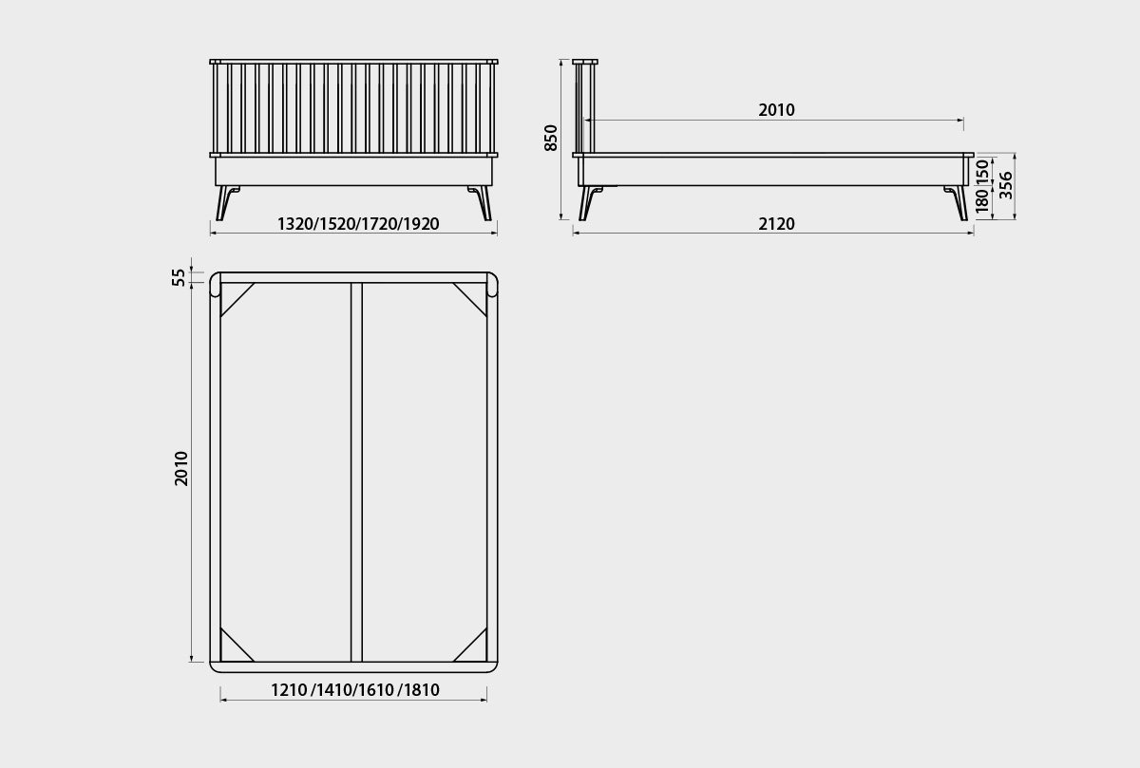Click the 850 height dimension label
(x=551, y=138)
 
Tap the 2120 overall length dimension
(x=776, y=224)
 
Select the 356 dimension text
(x=1006, y=185)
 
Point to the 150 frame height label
(x=982, y=172)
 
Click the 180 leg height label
(x=982, y=200)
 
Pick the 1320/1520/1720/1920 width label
(x=358, y=224)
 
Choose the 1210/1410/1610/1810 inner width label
(x=355, y=689)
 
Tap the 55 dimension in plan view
(x=179, y=277)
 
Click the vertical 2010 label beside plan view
(x=181, y=468)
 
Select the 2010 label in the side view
(x=776, y=110)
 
